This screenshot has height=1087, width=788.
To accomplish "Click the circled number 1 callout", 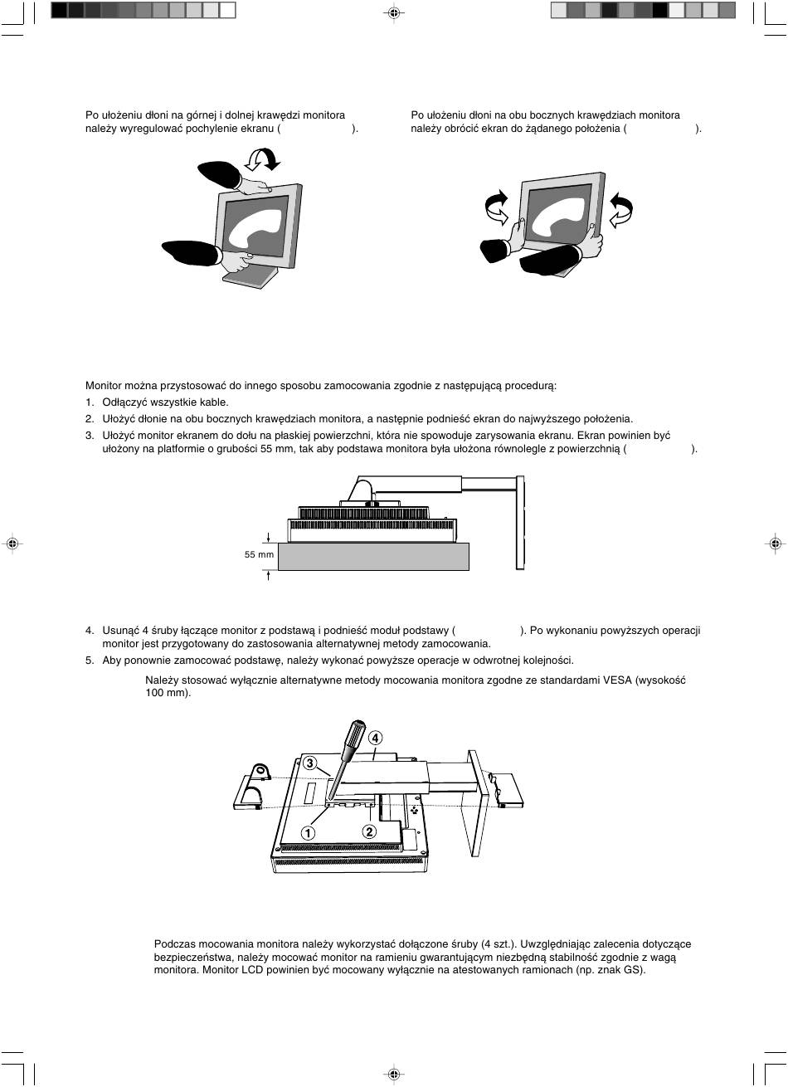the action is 308,832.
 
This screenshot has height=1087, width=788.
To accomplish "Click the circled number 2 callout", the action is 369,831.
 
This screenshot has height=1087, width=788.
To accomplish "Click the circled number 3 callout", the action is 309,762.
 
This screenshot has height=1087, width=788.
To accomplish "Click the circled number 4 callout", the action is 376,738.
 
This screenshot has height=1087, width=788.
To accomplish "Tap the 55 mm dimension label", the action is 259,553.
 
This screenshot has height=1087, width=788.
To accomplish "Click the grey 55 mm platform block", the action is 373,556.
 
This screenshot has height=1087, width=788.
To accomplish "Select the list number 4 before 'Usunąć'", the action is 90,631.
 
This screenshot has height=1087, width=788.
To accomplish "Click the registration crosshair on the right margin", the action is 774,543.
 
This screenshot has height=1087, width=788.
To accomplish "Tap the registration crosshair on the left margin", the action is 12,543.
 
